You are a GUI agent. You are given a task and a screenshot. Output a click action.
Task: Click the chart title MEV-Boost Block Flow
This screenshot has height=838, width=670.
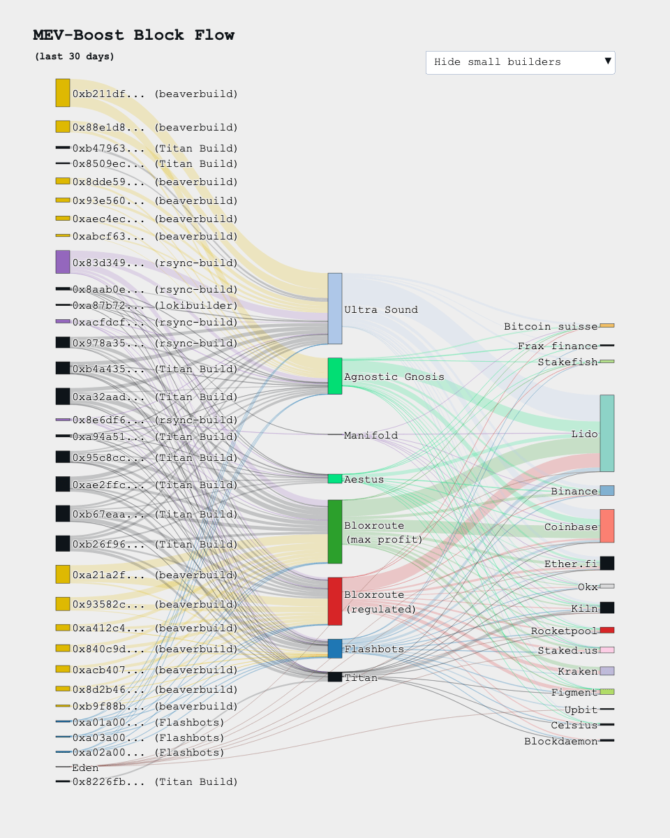coord(133,35)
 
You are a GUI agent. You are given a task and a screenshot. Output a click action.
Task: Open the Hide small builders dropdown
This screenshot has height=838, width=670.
coord(520,62)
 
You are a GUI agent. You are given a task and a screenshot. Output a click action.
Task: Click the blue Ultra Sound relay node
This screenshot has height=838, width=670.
coord(335,309)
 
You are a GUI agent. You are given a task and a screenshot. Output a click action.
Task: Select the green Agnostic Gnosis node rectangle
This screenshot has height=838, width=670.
coord(335,376)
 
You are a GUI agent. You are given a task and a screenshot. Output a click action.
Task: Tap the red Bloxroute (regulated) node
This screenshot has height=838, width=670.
coord(335,601)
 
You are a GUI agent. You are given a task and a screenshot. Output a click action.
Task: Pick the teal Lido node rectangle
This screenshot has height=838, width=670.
coord(606,433)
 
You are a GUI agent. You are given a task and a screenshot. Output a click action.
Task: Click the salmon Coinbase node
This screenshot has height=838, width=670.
coord(606,526)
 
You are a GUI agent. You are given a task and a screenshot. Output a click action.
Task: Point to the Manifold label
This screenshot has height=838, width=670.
coord(371,435)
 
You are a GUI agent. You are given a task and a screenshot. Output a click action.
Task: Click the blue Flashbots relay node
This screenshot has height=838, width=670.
coord(335,649)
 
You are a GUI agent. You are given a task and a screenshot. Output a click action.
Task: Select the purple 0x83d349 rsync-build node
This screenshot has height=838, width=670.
coord(63,262)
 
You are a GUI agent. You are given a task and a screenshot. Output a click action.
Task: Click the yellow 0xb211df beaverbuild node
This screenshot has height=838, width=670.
coord(63,93)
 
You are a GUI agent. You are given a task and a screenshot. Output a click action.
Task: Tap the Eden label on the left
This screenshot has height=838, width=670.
coord(85,768)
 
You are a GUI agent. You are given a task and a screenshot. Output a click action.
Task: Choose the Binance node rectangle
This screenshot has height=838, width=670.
coord(606,491)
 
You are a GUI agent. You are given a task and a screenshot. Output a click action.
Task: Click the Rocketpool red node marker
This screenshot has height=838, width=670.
coord(606,630)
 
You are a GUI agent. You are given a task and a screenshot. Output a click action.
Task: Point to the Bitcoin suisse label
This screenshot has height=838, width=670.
coord(551,327)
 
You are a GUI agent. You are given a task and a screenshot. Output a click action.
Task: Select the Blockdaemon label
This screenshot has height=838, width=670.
coord(560,741)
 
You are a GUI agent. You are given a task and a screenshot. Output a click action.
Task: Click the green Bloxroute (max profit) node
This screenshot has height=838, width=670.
coord(335,531)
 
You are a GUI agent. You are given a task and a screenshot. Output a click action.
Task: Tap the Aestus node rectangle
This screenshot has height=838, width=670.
coord(335,479)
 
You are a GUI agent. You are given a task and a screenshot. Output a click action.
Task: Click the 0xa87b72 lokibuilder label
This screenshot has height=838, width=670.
coord(155,306)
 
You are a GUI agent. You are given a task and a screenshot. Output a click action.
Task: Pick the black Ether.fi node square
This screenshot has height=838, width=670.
coord(606,563)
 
